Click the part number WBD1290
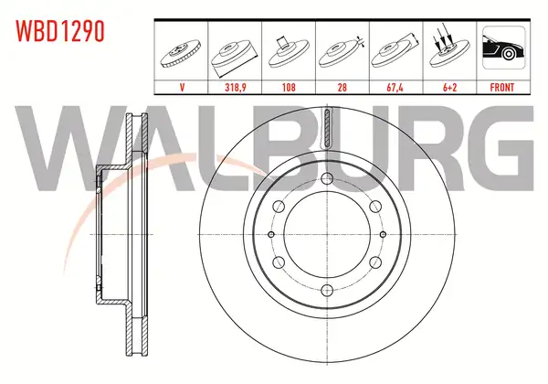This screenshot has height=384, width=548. [x=60, y=31]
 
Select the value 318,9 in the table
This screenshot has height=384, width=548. [x=236, y=87]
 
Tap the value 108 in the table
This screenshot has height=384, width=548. [x=289, y=87]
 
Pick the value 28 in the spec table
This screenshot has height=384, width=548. [x=342, y=87]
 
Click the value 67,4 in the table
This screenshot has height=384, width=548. [x=395, y=87]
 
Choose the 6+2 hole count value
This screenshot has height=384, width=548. [x=449, y=87]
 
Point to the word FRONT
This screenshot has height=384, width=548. [x=501, y=87]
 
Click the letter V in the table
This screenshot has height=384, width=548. [x=182, y=87]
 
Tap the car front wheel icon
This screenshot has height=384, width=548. [x=503, y=48]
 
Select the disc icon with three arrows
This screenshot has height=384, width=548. [x=449, y=48]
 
